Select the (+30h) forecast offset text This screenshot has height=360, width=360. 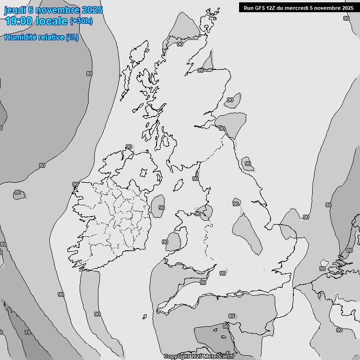point(81,21)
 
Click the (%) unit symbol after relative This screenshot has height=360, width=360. point(72,37)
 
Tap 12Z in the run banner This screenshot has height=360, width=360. point(274,8)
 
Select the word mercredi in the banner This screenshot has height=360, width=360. point(300,8)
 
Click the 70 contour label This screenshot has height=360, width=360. point(28,332)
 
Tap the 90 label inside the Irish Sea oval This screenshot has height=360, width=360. point(161,208)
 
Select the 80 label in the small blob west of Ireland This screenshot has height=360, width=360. point(18,192)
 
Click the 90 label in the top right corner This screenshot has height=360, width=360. point(346,18)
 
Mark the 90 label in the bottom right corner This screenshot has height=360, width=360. point(339,330)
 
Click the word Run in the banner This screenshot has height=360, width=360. point(249,8)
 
